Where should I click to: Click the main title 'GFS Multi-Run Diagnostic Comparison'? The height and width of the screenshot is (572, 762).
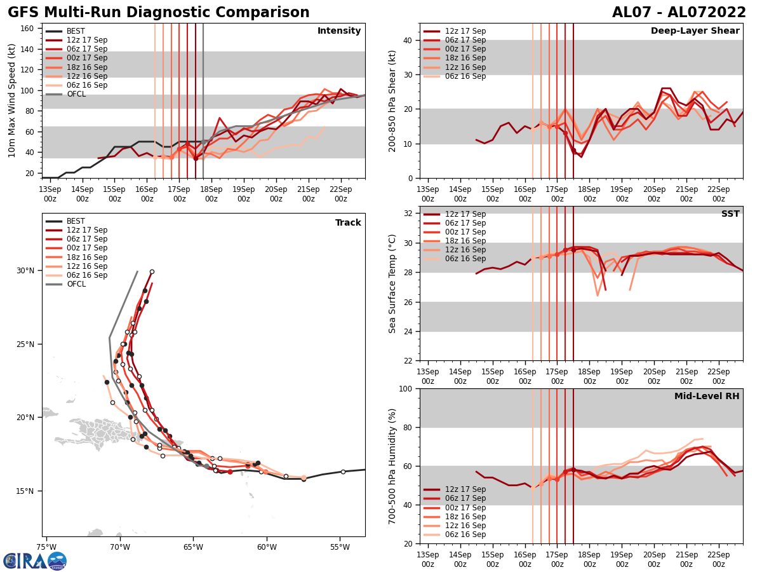point(159,13)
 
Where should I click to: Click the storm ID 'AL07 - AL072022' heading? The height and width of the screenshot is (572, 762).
point(679,13)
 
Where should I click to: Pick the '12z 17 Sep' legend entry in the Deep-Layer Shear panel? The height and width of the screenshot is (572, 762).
point(464,31)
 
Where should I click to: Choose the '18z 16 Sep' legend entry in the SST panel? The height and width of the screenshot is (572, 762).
point(464,241)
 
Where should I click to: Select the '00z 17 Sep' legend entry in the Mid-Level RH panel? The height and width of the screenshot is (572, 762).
point(464,507)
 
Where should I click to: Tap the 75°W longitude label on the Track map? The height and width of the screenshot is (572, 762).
point(46,547)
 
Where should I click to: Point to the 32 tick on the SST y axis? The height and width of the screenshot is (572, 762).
point(410,214)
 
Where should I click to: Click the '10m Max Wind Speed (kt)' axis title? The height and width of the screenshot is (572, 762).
point(12,100)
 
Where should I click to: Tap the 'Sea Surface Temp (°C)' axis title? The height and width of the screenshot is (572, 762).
point(392,283)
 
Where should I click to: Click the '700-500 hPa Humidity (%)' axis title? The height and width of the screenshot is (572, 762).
point(392,466)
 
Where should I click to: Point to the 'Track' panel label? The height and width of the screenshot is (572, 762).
point(348,223)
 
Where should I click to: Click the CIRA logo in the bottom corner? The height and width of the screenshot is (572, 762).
point(35,561)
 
